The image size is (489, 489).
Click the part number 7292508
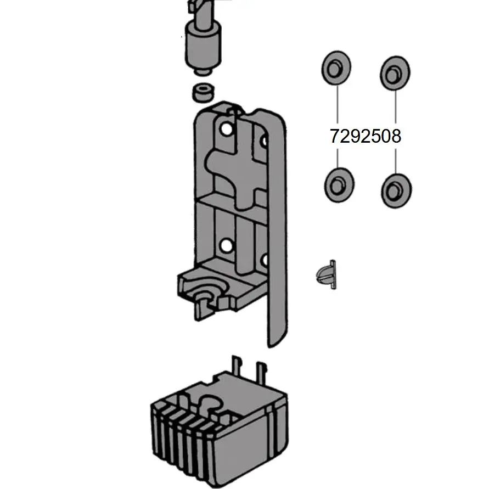point(365,136)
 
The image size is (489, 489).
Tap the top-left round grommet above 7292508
point(336,68)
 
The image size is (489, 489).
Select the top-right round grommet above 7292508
point(395,74)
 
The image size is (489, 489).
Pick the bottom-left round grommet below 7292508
point(339,185)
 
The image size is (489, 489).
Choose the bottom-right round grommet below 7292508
point(396,190)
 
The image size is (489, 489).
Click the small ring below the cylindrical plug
point(203,92)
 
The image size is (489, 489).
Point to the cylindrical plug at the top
point(203,47)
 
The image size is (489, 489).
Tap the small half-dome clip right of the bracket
point(326,275)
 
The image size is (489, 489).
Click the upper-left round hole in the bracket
point(227,129)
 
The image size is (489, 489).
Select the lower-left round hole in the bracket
point(226,246)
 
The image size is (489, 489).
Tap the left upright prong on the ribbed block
point(236,367)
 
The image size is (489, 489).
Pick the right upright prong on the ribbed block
point(261,373)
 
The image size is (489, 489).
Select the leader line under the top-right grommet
point(396,106)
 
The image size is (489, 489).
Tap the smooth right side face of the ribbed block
point(246,449)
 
